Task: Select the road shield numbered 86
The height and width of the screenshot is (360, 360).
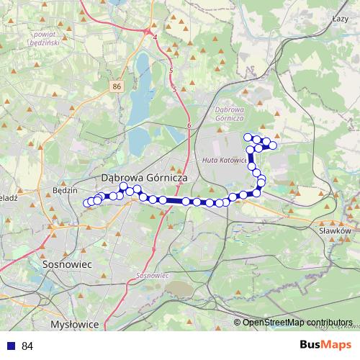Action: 117,86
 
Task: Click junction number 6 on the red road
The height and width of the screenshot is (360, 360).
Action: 189,125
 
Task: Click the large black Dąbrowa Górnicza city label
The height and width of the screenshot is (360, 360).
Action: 144,176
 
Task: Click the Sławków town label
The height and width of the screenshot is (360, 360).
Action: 334,231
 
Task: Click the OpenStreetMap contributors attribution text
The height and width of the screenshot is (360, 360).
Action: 297,323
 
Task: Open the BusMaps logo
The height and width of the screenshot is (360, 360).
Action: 325,345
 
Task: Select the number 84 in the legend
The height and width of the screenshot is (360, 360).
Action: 27,346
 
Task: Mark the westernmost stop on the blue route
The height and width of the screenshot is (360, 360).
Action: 87,203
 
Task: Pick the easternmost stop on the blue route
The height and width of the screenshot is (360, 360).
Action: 273,146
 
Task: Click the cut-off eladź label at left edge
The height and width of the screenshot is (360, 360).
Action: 8,197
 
